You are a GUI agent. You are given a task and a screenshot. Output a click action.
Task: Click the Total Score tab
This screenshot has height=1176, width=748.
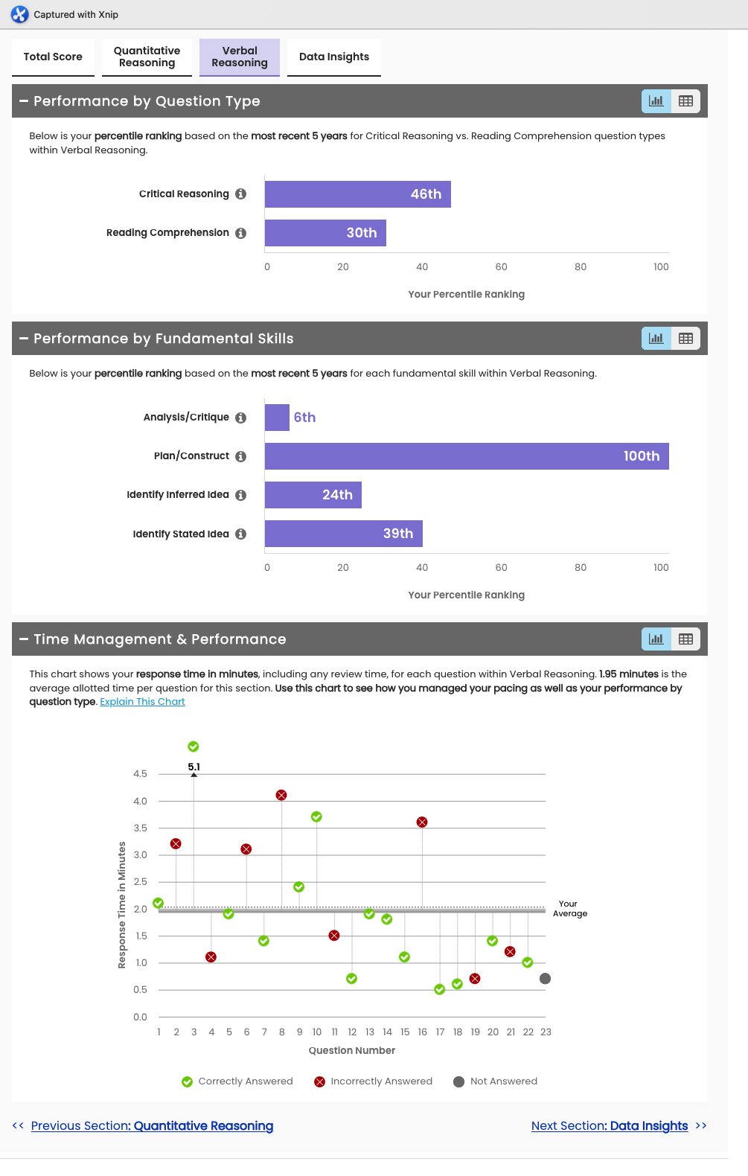pyautogui.click(x=53, y=57)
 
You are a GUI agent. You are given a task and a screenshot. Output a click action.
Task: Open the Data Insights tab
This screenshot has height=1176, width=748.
pyautogui.click(x=334, y=57)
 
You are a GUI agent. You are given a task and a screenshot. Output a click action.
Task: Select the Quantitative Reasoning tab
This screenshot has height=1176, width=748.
pyautogui.click(x=147, y=57)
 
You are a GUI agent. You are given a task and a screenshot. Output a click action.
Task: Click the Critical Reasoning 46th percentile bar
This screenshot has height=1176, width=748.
pyautogui.click(x=357, y=194)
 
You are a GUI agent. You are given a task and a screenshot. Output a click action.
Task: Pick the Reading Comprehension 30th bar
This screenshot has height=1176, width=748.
pyautogui.click(x=325, y=233)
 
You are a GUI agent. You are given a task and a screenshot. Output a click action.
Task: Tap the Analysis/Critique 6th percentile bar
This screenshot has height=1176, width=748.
pyautogui.click(x=277, y=418)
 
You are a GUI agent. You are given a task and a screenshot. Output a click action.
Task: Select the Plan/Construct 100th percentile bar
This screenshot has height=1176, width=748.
pyautogui.click(x=467, y=456)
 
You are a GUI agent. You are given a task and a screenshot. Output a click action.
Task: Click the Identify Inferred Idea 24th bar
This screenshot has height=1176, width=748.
pyautogui.click(x=313, y=495)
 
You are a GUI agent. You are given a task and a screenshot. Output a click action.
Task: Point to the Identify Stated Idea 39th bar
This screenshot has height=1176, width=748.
pyautogui.click(x=343, y=534)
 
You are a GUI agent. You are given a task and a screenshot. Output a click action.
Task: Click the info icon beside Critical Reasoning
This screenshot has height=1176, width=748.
pyautogui.click(x=241, y=194)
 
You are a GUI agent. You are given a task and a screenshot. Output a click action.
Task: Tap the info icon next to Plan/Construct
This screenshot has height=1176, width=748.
pyautogui.click(x=241, y=456)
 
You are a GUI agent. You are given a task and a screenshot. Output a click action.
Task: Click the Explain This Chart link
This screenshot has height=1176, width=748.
pyautogui.click(x=142, y=702)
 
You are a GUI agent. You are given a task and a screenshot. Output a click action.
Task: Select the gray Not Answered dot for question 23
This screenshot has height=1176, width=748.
pyautogui.click(x=545, y=979)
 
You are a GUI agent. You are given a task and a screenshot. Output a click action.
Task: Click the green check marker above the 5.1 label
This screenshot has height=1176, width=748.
pyautogui.click(x=194, y=747)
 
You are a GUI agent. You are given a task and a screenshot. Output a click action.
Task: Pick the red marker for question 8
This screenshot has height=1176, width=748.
pyautogui.click(x=281, y=796)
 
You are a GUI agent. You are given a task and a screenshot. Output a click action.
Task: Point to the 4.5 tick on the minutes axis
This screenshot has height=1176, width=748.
pyautogui.click(x=140, y=774)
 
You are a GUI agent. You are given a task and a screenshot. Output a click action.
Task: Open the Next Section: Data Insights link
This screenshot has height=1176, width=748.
pyautogui.click(x=610, y=1126)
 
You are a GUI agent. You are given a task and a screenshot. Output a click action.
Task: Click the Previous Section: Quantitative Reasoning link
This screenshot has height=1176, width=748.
pyautogui.click(x=152, y=1126)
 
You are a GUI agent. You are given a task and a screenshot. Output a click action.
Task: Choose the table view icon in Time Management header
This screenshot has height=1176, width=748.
pyautogui.click(x=685, y=639)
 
